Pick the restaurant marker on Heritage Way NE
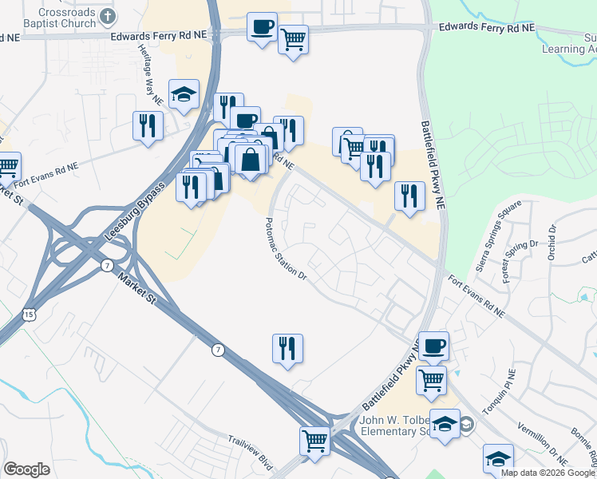pyautogui.click(x=148, y=125)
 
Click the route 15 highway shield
pyautogui.click(x=30, y=315)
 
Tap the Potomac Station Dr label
pyautogui.click(x=286, y=249)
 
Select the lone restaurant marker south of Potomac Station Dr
pyautogui.click(x=288, y=349)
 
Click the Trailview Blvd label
pyautogui.click(x=251, y=452)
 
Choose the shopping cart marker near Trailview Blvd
pyautogui.click(x=315, y=441)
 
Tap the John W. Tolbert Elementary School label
pyautogui.click(x=391, y=426)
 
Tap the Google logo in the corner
pyautogui.click(x=26, y=469)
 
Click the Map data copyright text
pyautogui.click(x=548, y=473)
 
